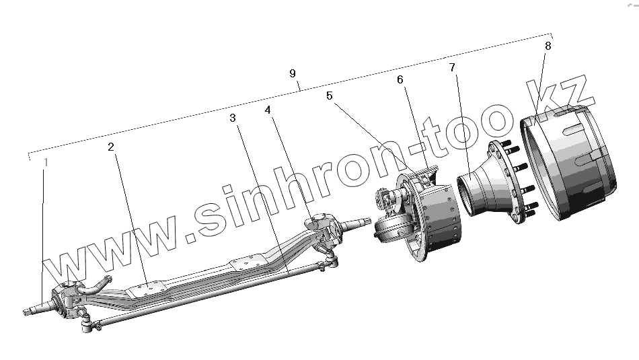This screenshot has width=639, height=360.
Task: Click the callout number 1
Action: [x=46, y=163]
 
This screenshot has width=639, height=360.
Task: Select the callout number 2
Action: [x=111, y=146]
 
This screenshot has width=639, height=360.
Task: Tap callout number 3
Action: [x=232, y=118]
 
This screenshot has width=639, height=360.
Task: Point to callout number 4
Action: [x=269, y=110]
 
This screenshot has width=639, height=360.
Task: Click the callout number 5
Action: [x=329, y=96]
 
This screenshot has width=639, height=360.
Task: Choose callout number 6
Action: [x=400, y=79]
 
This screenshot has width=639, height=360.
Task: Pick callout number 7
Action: [x=451, y=67]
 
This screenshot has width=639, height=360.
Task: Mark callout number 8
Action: [x=548, y=46]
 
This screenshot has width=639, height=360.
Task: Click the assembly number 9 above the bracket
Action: [x=293, y=73]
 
